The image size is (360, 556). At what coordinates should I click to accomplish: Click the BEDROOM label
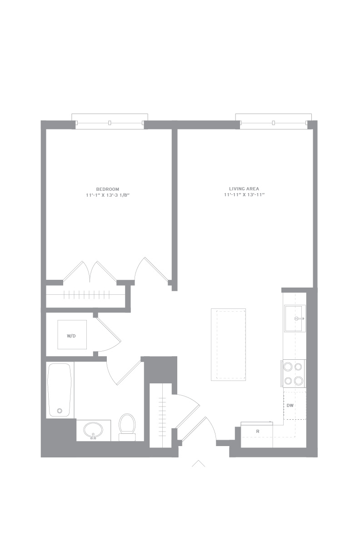click(x=108, y=189)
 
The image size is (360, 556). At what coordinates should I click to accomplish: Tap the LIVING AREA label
click(x=244, y=189)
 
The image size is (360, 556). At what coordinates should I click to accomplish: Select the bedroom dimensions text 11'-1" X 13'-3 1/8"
click(x=108, y=195)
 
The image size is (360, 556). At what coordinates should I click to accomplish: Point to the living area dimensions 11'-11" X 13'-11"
click(x=244, y=195)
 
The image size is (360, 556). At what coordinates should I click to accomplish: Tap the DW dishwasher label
click(x=290, y=406)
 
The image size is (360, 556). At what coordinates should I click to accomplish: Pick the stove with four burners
click(x=294, y=373)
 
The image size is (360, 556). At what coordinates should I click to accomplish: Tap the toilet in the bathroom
click(x=127, y=427)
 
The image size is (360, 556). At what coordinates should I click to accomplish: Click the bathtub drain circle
click(x=60, y=411)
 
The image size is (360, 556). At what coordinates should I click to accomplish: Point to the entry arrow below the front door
click(x=198, y=463)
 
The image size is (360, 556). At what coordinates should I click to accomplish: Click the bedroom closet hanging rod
click(x=86, y=294)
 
